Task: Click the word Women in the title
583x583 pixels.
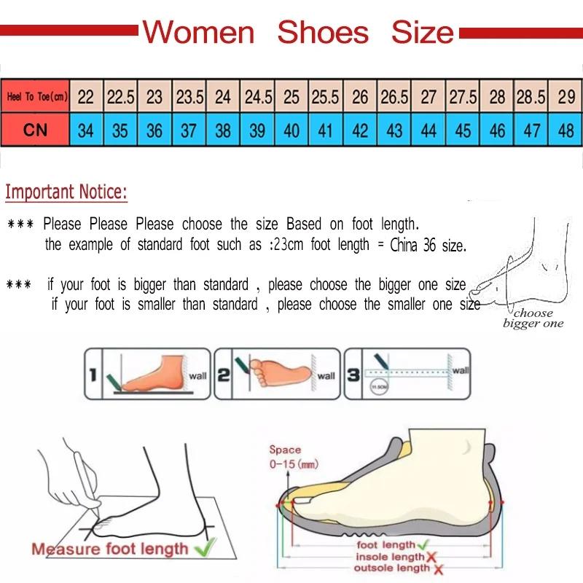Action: coord(198,32)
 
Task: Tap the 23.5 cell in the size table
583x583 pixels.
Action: coord(189,97)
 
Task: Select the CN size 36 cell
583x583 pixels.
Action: coord(154,131)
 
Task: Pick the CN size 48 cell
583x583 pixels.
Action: coord(566,131)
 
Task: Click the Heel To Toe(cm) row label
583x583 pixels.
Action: coord(36,97)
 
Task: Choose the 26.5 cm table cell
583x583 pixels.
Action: coord(394,97)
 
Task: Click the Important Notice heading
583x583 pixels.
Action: coord(66,192)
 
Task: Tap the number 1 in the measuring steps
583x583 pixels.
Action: coord(93,375)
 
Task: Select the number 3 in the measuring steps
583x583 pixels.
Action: coord(353,375)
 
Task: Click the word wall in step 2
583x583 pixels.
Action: coord(326,376)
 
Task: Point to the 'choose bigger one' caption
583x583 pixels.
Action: coord(533,318)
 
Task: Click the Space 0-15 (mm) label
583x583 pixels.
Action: coord(291,457)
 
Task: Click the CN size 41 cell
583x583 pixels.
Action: coord(325,131)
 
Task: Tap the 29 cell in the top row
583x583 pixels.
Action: coord(566,97)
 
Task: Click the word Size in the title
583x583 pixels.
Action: coord(422,32)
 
